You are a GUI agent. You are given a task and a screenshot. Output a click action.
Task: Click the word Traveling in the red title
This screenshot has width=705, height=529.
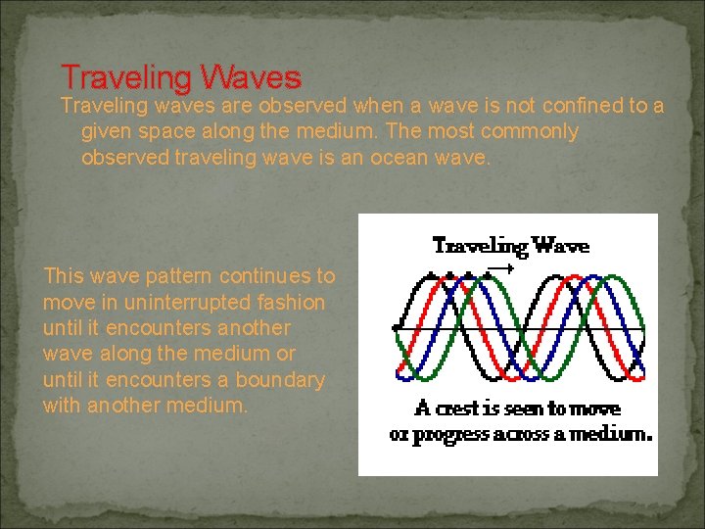pyautogui.click(x=124, y=76)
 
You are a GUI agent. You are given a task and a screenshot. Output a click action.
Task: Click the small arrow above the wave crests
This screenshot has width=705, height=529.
pyautogui.click(x=500, y=267)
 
